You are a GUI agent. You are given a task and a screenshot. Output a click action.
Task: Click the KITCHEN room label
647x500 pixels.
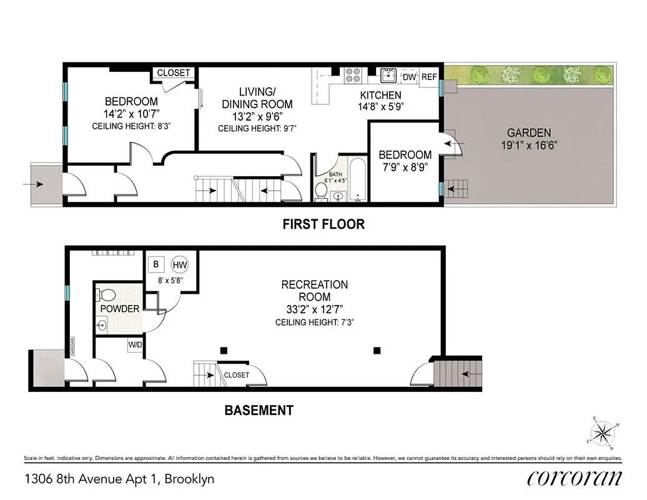click(x=380, y=95)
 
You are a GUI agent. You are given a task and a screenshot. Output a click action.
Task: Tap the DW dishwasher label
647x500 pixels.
click(x=409, y=77)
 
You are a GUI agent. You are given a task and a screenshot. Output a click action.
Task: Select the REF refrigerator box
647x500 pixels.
click(x=428, y=77)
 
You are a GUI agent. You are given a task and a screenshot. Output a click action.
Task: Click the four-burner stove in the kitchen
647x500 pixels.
click(x=353, y=75)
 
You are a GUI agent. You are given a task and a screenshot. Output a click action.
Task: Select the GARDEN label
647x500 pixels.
click(x=528, y=132)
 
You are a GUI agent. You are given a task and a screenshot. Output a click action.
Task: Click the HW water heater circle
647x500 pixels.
click(x=180, y=264)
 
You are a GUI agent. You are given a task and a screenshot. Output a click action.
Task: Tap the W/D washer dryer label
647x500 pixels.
click(x=136, y=344)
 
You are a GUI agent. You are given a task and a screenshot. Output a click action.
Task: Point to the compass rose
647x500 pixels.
click(x=603, y=432)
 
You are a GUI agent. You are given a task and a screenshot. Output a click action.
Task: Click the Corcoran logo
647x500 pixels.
click(x=574, y=479)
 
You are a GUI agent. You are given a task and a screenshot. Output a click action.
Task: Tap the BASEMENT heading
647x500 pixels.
click(x=259, y=411)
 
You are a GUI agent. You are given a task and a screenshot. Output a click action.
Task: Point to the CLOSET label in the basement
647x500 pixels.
click(x=236, y=375)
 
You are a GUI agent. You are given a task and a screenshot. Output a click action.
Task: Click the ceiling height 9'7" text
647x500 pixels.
click(x=257, y=129)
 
